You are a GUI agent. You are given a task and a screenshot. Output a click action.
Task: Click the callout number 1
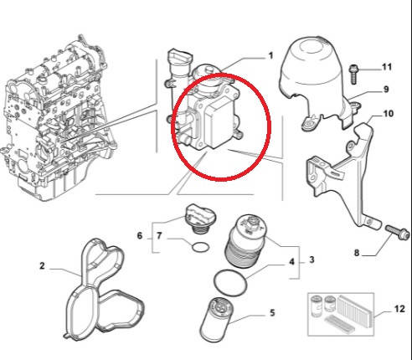point(270,56)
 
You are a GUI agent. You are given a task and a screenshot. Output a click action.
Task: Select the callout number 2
point(42,265)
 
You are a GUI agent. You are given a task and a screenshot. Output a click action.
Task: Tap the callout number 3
point(312,260)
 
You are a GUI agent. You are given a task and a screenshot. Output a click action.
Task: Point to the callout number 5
point(272,312)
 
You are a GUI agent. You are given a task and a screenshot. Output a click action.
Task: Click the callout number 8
point(357,253)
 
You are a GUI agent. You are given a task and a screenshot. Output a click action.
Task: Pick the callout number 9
point(386,90)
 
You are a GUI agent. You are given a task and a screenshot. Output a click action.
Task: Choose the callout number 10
point(388,114)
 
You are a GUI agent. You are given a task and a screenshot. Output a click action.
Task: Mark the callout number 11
point(387,67)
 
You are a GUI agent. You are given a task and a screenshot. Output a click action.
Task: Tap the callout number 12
point(399,309)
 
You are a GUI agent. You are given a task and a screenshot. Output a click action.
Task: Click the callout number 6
point(140,235)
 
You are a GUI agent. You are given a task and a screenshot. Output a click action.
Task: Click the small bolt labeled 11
point(353,74)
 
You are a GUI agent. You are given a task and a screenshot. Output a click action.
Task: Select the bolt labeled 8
point(398,233)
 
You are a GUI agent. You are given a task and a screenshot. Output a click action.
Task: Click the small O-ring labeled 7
point(200,247)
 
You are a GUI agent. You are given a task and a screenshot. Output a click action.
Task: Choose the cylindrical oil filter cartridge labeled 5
point(218,320)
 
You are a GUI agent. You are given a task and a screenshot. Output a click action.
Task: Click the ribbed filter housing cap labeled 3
point(246,241)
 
